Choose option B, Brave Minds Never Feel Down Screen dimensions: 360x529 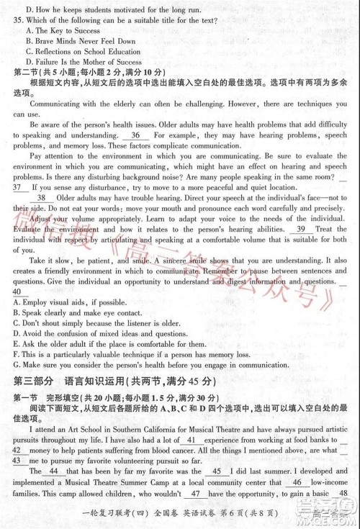[81, 42]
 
